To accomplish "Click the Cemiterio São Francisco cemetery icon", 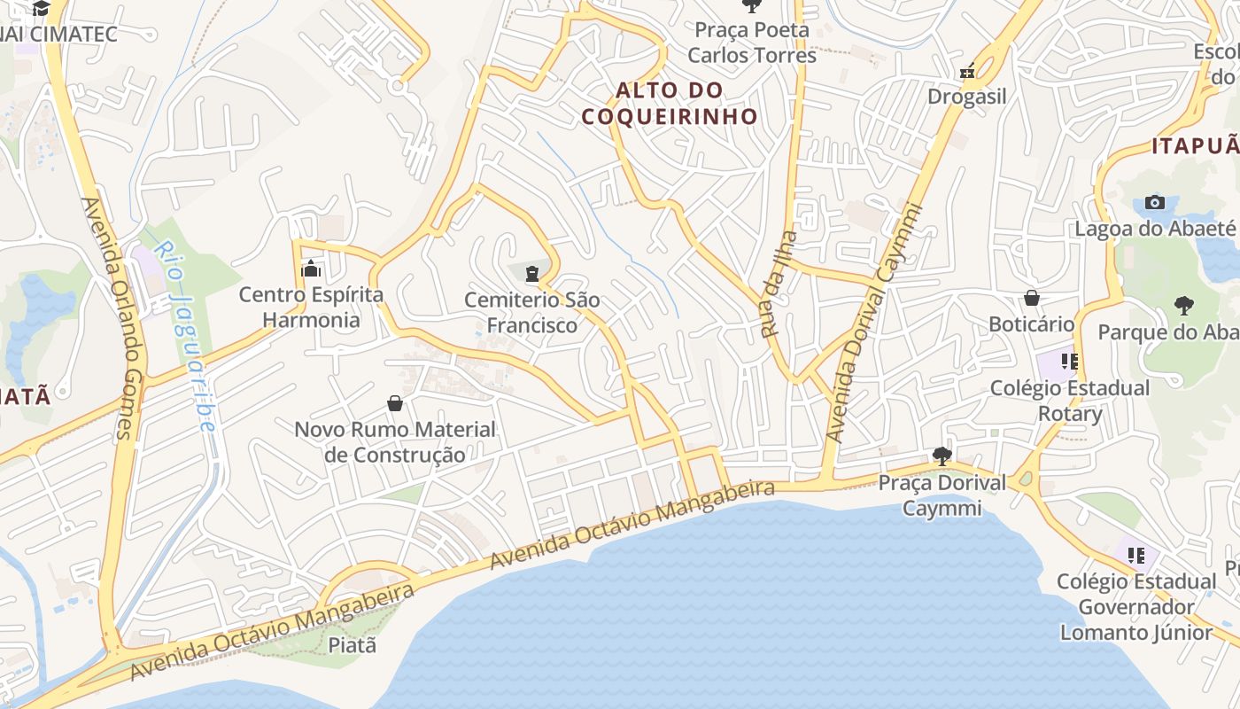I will (x=531, y=274).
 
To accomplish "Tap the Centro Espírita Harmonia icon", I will (x=311, y=268).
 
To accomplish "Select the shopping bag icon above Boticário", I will (x=1031, y=298).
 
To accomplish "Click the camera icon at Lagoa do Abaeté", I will (x=1154, y=202).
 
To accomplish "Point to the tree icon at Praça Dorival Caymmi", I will (x=942, y=456).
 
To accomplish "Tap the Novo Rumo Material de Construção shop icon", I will (x=395, y=403).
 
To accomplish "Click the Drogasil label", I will (x=967, y=96).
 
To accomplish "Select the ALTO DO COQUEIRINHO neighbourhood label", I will (x=670, y=103).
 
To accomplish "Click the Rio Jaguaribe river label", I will (x=184, y=337).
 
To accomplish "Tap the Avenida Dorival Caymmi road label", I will (x=873, y=323).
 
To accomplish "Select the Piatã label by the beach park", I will (x=353, y=644).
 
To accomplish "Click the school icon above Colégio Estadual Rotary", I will (x=1069, y=361).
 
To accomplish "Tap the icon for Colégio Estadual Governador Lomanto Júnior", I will (x=1136, y=556).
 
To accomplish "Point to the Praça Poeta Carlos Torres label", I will (x=752, y=43).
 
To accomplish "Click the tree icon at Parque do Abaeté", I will (x=1183, y=306).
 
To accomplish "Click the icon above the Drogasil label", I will (x=967, y=71).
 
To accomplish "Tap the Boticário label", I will (x=1031, y=324).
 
